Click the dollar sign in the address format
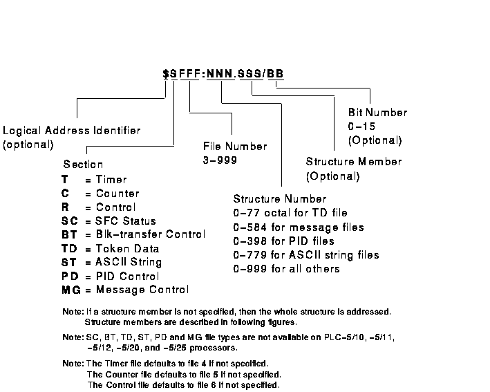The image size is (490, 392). tap(166, 73)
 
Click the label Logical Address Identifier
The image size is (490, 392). tap(71, 131)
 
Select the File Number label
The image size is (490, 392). tap(235, 147)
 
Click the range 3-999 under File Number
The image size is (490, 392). tap(220, 160)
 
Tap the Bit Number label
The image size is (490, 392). tap(377, 113)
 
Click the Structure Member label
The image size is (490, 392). tap(354, 162)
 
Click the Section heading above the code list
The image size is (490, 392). tap(83, 165)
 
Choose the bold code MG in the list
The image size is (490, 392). tap(69, 290)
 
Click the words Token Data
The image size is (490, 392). tap(127, 248)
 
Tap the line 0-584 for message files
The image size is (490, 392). tap(299, 227)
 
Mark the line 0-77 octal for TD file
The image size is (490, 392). tap(290, 213)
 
